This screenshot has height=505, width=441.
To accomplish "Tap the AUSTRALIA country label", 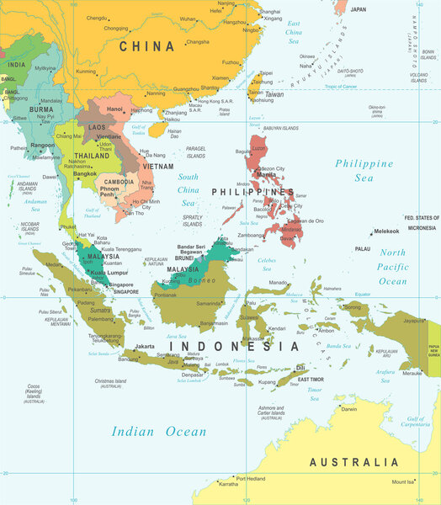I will pos(354,462).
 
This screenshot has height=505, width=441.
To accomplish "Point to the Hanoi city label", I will pos(114,109).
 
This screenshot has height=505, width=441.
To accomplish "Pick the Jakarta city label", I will pos(145,346).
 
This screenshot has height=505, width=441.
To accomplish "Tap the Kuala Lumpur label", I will pos(109,273).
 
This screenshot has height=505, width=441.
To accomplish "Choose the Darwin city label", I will pos(348,409).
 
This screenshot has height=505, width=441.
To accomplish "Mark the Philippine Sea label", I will pos(364,170).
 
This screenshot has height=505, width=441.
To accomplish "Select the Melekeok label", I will pos(386,231).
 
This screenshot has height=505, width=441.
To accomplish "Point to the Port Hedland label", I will pos(252,478).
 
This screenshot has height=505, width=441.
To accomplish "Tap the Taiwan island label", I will pos(274,95).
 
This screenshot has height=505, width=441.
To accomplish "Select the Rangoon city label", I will pos(43,144).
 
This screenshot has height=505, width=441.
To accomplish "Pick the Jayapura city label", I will pos(413,321).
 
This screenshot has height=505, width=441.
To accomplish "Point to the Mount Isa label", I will pos(403,482).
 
